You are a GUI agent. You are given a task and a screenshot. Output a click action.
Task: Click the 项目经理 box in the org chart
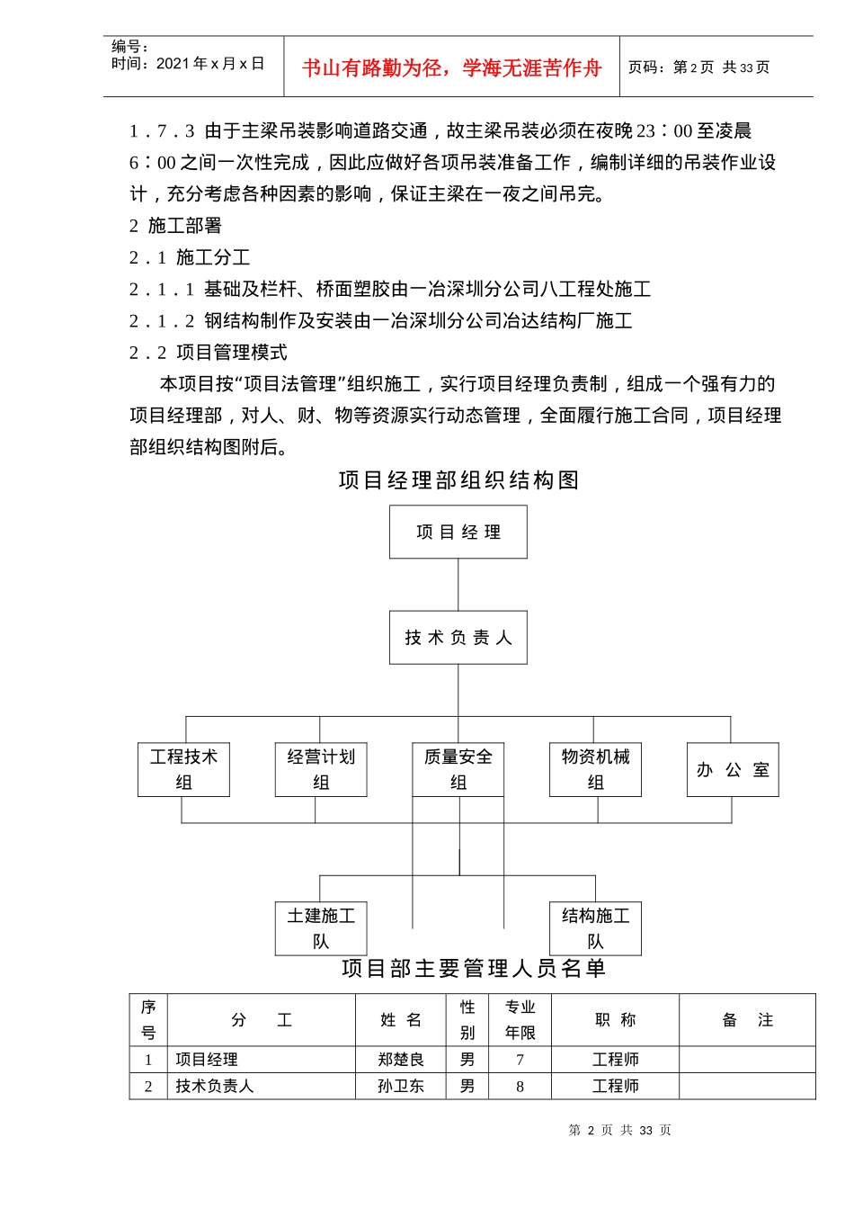pyautogui.click(x=458, y=532)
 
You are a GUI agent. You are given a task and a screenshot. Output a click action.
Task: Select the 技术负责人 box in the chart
pyautogui.click(x=458, y=638)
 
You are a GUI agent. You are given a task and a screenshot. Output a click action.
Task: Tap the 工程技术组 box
pyautogui.click(x=183, y=769)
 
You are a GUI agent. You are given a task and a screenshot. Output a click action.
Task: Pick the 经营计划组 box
pyautogui.click(x=321, y=769)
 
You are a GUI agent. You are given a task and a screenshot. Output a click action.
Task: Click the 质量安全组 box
pyautogui.click(x=458, y=769)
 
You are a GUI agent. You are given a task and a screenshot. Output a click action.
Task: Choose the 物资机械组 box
pyautogui.click(x=595, y=769)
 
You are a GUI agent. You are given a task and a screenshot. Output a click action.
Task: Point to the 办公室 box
pyautogui.click(x=733, y=770)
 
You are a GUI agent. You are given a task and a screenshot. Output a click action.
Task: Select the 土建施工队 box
pyautogui.click(x=321, y=928)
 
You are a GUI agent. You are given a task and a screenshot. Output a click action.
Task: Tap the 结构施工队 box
pyautogui.click(x=595, y=928)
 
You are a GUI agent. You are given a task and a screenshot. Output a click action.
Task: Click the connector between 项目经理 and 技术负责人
pyautogui.click(x=458, y=585)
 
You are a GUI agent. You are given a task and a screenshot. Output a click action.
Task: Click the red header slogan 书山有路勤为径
pyautogui.click(x=451, y=67)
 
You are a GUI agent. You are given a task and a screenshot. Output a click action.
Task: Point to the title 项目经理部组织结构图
pyautogui.click(x=458, y=480)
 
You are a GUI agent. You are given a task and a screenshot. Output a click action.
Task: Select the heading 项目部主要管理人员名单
pyautogui.click(x=474, y=968)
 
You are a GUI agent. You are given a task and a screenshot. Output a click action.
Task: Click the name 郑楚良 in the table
pyautogui.click(x=401, y=1060)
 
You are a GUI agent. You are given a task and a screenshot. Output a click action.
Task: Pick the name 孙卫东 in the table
pyautogui.click(x=401, y=1086)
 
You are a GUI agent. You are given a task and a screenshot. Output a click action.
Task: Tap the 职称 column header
pyautogui.click(x=615, y=1020)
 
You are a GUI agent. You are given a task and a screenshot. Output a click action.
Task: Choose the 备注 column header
pyautogui.click(x=747, y=1020)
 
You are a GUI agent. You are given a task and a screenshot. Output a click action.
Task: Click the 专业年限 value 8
pyautogui.click(x=520, y=1086)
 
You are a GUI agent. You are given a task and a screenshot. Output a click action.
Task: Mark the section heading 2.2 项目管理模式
pyautogui.click(x=209, y=353)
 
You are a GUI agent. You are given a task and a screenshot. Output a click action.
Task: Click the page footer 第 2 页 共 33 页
pyautogui.click(x=619, y=1130)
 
